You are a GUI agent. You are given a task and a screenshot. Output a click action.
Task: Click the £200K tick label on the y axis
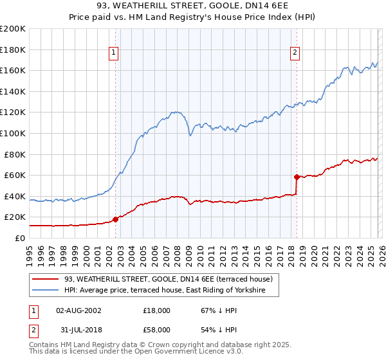(13, 29)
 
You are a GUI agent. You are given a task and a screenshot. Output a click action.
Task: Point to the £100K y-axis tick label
(13, 133)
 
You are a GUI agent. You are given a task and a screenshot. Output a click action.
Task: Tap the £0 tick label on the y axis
(19, 238)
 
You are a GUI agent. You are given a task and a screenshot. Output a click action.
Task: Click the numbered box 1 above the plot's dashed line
(114, 53)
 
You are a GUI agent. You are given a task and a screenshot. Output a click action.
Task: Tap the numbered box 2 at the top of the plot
(295, 53)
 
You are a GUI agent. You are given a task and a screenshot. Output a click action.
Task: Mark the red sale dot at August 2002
(115, 219)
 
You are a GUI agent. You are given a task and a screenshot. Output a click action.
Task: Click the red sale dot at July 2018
(296, 177)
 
